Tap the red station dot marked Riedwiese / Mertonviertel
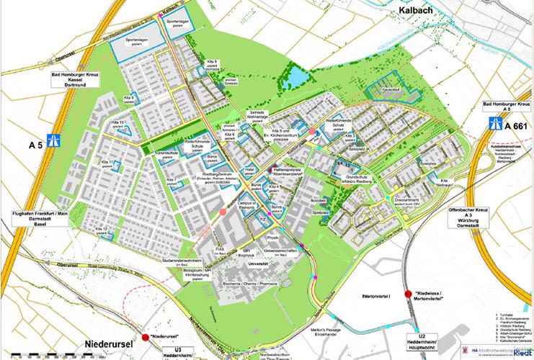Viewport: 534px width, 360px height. click(408, 293)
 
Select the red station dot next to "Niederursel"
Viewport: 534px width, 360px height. click(145, 337)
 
